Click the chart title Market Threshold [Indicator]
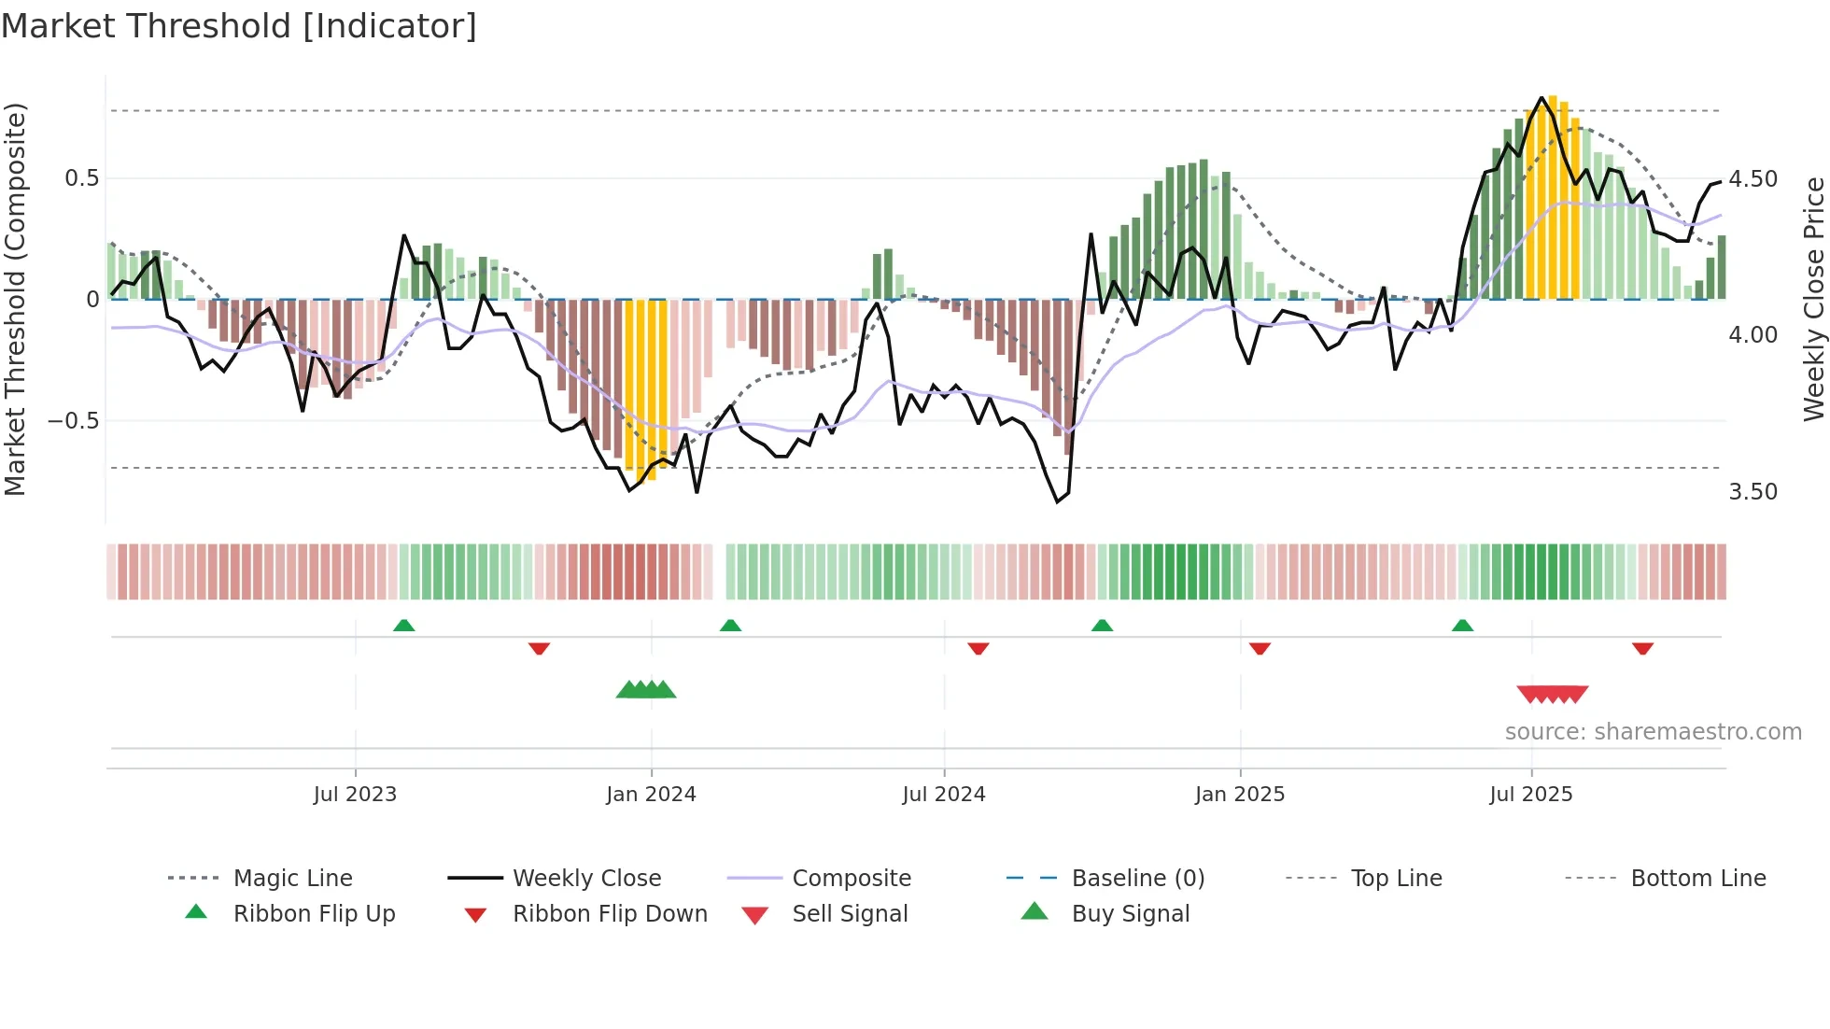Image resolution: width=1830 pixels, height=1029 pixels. [239, 26]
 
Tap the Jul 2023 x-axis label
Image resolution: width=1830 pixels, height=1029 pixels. [355, 795]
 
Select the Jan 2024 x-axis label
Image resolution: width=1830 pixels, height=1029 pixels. [651, 795]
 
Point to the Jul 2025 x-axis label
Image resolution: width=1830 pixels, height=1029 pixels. [1531, 795]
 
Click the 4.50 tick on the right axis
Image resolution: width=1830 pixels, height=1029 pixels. [1753, 178]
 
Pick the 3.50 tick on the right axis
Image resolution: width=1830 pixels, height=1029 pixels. [1753, 492]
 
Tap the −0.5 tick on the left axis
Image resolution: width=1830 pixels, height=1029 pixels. [74, 421]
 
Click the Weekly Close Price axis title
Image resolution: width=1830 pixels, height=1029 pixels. [1813, 299]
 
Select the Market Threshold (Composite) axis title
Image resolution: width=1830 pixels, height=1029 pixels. [15, 299]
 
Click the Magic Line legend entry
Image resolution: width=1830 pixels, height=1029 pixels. [292, 879]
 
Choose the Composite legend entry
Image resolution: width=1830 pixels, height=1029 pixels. [851, 879]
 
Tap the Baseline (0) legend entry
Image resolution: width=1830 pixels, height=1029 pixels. [1137, 879]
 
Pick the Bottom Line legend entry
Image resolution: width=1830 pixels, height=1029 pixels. [1697, 879]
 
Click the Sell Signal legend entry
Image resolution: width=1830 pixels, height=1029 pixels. [849, 914]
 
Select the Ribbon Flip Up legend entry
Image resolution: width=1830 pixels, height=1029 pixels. [314, 914]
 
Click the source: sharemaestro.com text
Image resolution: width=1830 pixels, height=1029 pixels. [1653, 732]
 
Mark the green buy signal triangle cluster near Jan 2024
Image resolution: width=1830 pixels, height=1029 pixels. [646, 690]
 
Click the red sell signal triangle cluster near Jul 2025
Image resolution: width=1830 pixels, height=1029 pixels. [1553, 694]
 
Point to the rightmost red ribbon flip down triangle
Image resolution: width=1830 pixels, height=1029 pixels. [1642, 648]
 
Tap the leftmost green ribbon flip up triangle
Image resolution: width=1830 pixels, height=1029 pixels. [403, 626]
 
